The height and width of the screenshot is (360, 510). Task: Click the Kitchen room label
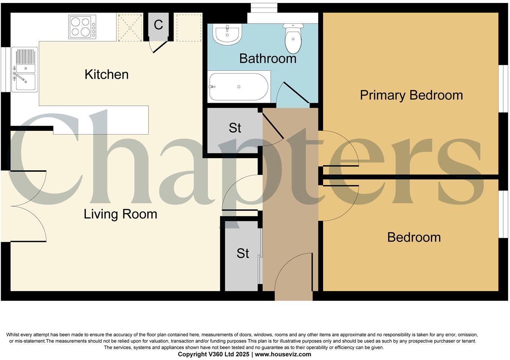[x=106, y=74]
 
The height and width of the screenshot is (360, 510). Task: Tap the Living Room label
[x=120, y=214]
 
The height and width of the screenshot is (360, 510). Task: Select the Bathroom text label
[x=268, y=58]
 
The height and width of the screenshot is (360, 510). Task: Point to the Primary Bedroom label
[x=411, y=95]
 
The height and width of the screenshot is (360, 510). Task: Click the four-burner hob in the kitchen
[x=82, y=27]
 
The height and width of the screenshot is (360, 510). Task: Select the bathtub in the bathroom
[x=239, y=87]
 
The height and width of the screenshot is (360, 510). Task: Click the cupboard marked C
[x=159, y=25]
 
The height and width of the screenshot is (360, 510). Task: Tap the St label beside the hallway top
[x=235, y=128]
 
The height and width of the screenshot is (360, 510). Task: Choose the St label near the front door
[x=242, y=253]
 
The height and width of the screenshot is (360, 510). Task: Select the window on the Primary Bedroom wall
[x=503, y=89]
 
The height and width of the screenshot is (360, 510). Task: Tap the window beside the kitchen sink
[x=5, y=69]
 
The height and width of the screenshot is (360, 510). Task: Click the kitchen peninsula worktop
[x=101, y=120]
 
